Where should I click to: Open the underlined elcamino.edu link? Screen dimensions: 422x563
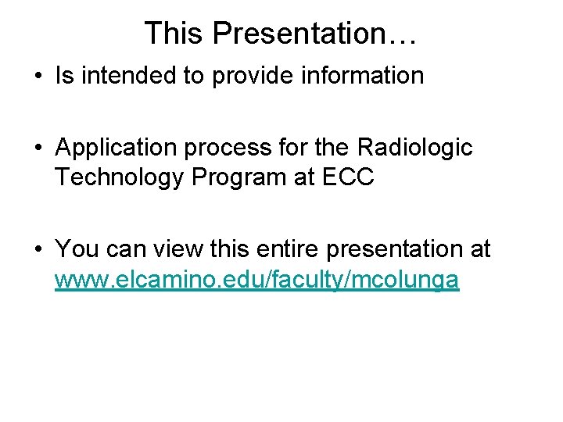point(256,279)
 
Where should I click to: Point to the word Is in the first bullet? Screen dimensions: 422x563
point(64,76)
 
